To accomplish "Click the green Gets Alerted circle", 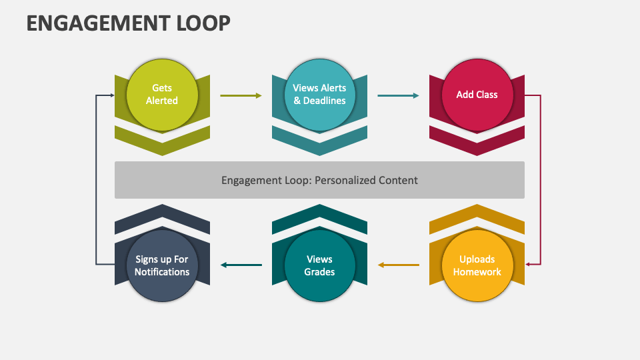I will [x=162, y=95].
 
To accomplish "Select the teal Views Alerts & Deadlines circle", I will [x=319, y=95].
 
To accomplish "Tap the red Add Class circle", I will [x=477, y=95].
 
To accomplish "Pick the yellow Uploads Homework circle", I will [x=477, y=265].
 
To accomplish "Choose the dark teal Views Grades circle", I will [x=319, y=265].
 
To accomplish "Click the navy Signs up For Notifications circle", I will [x=162, y=265].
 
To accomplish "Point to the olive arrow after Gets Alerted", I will [x=241, y=95].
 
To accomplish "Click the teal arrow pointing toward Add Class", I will [x=398, y=95].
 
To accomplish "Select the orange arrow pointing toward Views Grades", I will [x=398, y=265].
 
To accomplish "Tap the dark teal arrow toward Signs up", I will [x=241, y=265].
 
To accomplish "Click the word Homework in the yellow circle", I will [x=477, y=272].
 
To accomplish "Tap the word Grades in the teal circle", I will [x=319, y=272].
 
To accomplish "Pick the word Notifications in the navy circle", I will [x=162, y=272].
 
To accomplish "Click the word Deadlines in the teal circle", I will [x=325, y=101].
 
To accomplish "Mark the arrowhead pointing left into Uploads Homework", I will [x=527, y=265].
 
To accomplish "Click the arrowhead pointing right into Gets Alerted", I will [x=111, y=95].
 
